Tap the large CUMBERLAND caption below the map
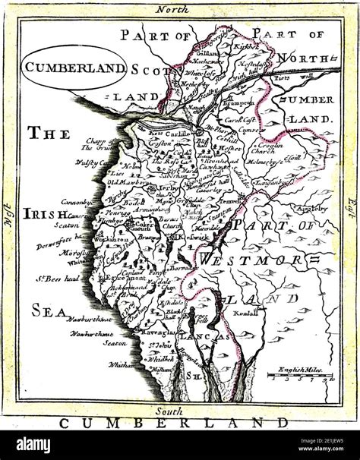tap(174, 422)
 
